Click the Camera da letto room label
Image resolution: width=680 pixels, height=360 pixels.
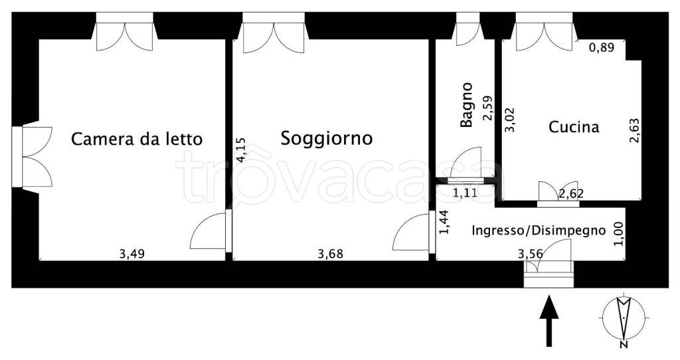click(136, 139)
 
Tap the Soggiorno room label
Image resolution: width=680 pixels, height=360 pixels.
click(326, 139)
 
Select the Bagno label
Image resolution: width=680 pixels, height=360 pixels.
click(467, 104)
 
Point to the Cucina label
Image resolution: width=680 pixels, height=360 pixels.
click(574, 127)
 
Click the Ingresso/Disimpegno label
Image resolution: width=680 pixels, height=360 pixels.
click(539, 231)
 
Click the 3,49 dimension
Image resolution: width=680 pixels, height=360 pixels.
click(133, 253)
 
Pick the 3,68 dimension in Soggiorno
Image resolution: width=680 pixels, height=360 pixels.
click(331, 253)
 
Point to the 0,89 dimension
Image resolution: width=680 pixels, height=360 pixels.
click(602, 47)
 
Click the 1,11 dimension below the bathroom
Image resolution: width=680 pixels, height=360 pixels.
click(466, 194)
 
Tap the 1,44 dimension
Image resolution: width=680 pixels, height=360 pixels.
click(445, 223)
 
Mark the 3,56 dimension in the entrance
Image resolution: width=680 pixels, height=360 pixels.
click(531, 253)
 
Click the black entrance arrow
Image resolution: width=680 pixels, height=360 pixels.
click(548, 321)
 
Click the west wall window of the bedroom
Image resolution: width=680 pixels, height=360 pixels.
click(27, 157)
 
